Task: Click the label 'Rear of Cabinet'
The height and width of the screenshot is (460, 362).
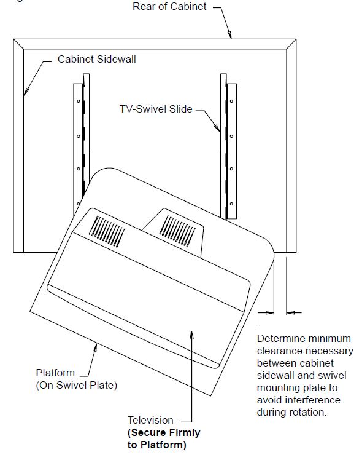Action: coord(169,6)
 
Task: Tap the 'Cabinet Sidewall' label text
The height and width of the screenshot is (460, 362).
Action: coord(96,59)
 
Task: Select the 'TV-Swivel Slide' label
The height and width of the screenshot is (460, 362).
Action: coord(156,109)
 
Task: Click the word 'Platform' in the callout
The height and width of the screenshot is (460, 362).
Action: coord(55,373)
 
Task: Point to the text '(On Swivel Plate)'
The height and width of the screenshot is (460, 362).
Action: coord(76,385)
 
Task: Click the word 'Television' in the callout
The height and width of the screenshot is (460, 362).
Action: coord(150,420)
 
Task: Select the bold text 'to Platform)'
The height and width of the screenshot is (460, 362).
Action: coord(157,445)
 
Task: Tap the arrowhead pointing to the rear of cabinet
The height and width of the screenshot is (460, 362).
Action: coord(229,34)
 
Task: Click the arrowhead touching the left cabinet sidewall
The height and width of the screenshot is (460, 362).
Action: coord(26,92)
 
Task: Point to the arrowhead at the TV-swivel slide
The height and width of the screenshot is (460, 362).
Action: coord(217,128)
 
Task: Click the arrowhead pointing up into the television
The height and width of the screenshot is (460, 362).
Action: coord(191,335)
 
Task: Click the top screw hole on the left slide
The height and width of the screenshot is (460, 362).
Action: coord(79,101)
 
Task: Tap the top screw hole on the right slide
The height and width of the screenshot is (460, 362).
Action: coord(231,101)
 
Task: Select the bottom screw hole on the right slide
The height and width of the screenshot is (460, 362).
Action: coord(231,204)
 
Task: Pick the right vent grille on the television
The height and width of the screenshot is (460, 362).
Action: coord(178,231)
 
